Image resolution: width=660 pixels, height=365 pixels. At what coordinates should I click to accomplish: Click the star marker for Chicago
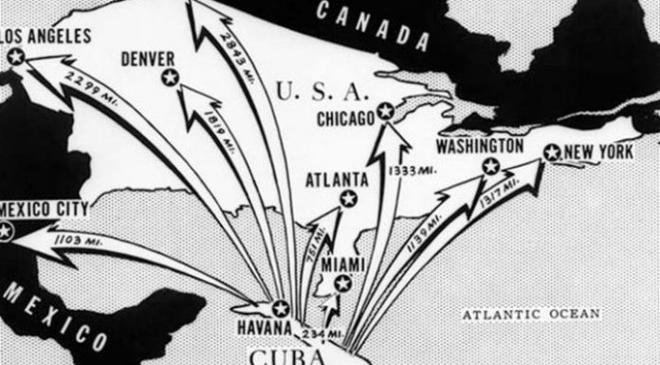(384, 111)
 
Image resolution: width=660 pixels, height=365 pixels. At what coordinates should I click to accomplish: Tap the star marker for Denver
(170, 79)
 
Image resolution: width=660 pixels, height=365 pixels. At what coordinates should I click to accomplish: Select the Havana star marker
(280, 307)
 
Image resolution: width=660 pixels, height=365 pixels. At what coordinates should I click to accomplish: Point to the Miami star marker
(342, 282)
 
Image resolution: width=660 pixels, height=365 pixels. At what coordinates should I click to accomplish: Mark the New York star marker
(551, 151)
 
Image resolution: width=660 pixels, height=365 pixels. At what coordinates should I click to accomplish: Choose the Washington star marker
(490, 166)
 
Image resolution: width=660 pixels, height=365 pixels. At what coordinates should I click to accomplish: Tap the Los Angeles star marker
(15, 57)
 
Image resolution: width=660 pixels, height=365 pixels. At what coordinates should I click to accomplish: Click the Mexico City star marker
(7, 229)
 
